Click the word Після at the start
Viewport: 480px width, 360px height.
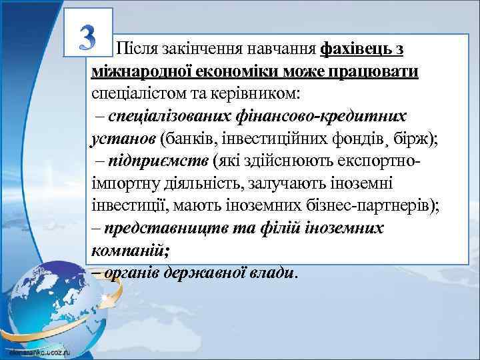136,49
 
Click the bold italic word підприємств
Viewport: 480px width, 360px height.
157,161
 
